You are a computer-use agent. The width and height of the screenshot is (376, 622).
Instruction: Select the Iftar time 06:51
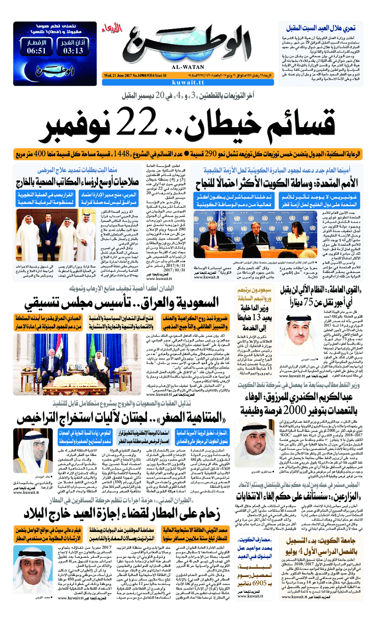click(37, 50)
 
